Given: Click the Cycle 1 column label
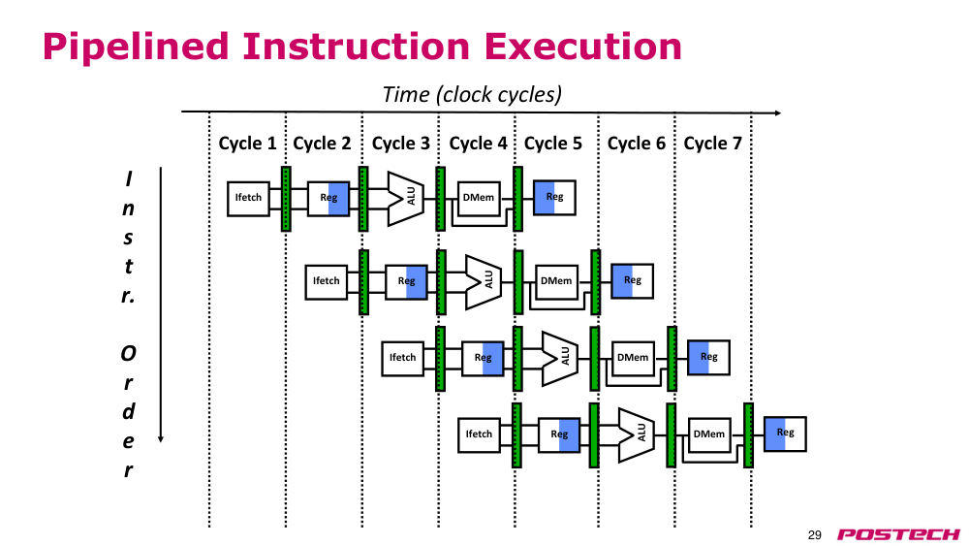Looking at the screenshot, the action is tap(247, 144).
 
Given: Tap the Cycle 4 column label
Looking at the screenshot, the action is tap(478, 144).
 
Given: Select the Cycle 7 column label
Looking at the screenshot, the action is tap(712, 144).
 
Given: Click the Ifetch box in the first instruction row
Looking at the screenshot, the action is tap(248, 199).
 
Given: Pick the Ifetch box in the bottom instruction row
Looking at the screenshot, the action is tap(479, 434).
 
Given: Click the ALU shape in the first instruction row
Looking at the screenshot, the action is tap(406, 199).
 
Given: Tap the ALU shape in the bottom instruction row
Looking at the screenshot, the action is tap(637, 434).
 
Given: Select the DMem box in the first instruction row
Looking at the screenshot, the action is tap(479, 199).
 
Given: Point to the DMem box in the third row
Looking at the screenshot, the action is tap(633, 358).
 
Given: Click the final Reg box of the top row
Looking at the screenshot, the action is tap(554, 197).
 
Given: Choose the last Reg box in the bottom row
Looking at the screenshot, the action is tap(785, 434).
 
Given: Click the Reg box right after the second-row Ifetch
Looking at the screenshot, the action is tap(406, 282).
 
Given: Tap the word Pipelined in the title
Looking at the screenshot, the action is tap(136, 47).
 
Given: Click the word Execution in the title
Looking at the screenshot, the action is tap(582, 47).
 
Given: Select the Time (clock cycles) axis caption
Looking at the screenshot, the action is tap(472, 95).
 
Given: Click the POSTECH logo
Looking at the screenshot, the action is tap(898, 534).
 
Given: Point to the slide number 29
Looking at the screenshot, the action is tap(815, 535).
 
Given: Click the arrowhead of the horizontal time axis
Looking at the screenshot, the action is tap(778, 112).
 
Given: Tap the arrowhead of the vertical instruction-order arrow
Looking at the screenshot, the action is tap(161, 439).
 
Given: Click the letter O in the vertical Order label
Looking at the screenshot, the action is tap(128, 354).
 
